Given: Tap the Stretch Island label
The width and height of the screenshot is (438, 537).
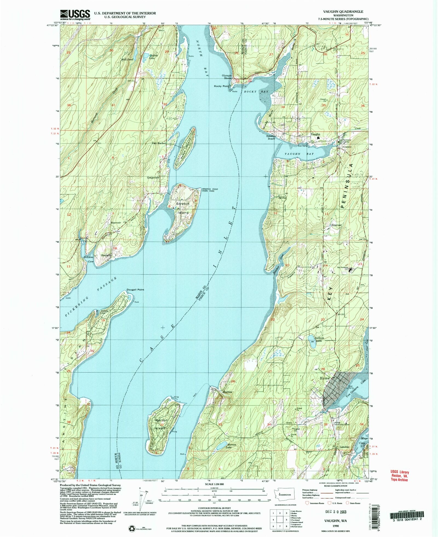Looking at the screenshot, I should [183, 208].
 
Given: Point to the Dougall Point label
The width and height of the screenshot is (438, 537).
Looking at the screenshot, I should [135, 290].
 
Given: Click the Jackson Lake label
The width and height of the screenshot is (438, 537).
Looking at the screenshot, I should [319, 339].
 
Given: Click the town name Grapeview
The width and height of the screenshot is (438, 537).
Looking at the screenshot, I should [153, 178].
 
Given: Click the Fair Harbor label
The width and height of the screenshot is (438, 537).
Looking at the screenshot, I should [159, 143].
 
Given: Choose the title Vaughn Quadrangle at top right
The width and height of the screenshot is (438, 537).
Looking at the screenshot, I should [347, 12].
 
